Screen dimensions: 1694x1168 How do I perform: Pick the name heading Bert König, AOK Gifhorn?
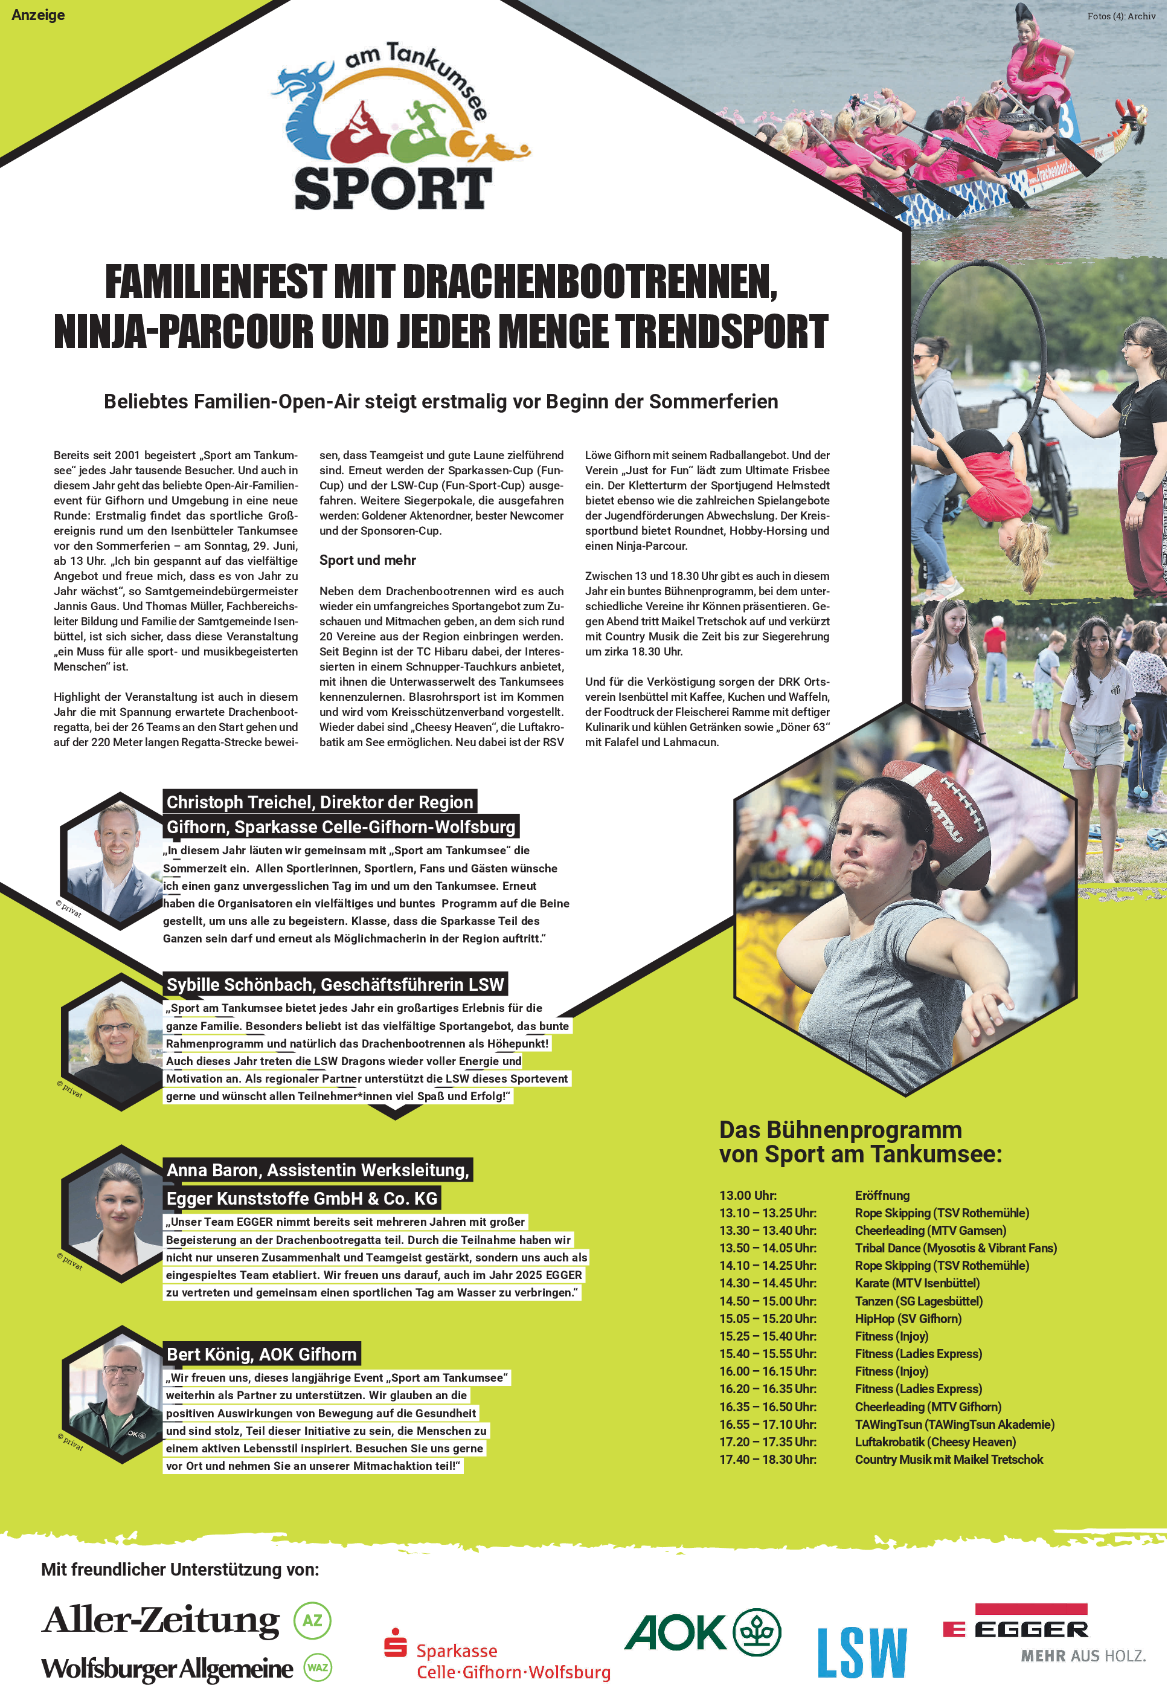click(x=262, y=1354)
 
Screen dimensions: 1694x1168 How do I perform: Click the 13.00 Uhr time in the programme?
click(x=747, y=1195)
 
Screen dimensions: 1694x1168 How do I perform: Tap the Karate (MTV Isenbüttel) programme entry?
click(x=916, y=1283)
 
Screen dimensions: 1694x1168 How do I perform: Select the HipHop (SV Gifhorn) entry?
click(x=908, y=1318)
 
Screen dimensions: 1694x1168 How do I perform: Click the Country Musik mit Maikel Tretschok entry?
click(x=948, y=1459)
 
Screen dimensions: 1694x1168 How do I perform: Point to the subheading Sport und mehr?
click(x=367, y=560)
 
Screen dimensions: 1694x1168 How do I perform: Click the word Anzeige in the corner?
click(x=38, y=14)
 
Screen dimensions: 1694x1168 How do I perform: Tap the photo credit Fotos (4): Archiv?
click(x=1120, y=15)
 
